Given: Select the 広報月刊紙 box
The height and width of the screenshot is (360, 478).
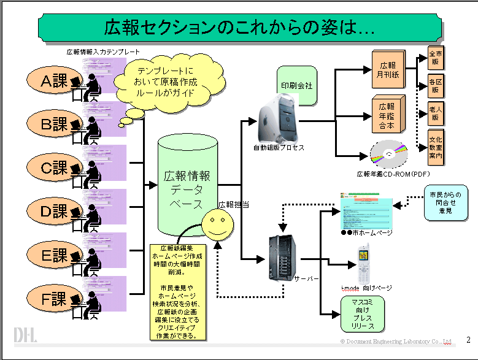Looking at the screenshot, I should (x=387, y=69).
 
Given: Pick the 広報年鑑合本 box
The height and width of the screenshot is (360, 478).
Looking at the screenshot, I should (x=387, y=115).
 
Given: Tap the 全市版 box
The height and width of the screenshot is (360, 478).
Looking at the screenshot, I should (x=436, y=59).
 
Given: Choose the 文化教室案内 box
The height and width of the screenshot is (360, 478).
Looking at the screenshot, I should (x=436, y=147).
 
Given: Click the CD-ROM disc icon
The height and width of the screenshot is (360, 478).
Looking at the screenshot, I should (x=389, y=154).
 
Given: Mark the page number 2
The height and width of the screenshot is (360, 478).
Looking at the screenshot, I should (x=468, y=340).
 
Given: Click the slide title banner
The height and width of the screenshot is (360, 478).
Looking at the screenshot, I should (x=239, y=27).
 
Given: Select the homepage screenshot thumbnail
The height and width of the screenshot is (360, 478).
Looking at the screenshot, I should (x=365, y=212).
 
